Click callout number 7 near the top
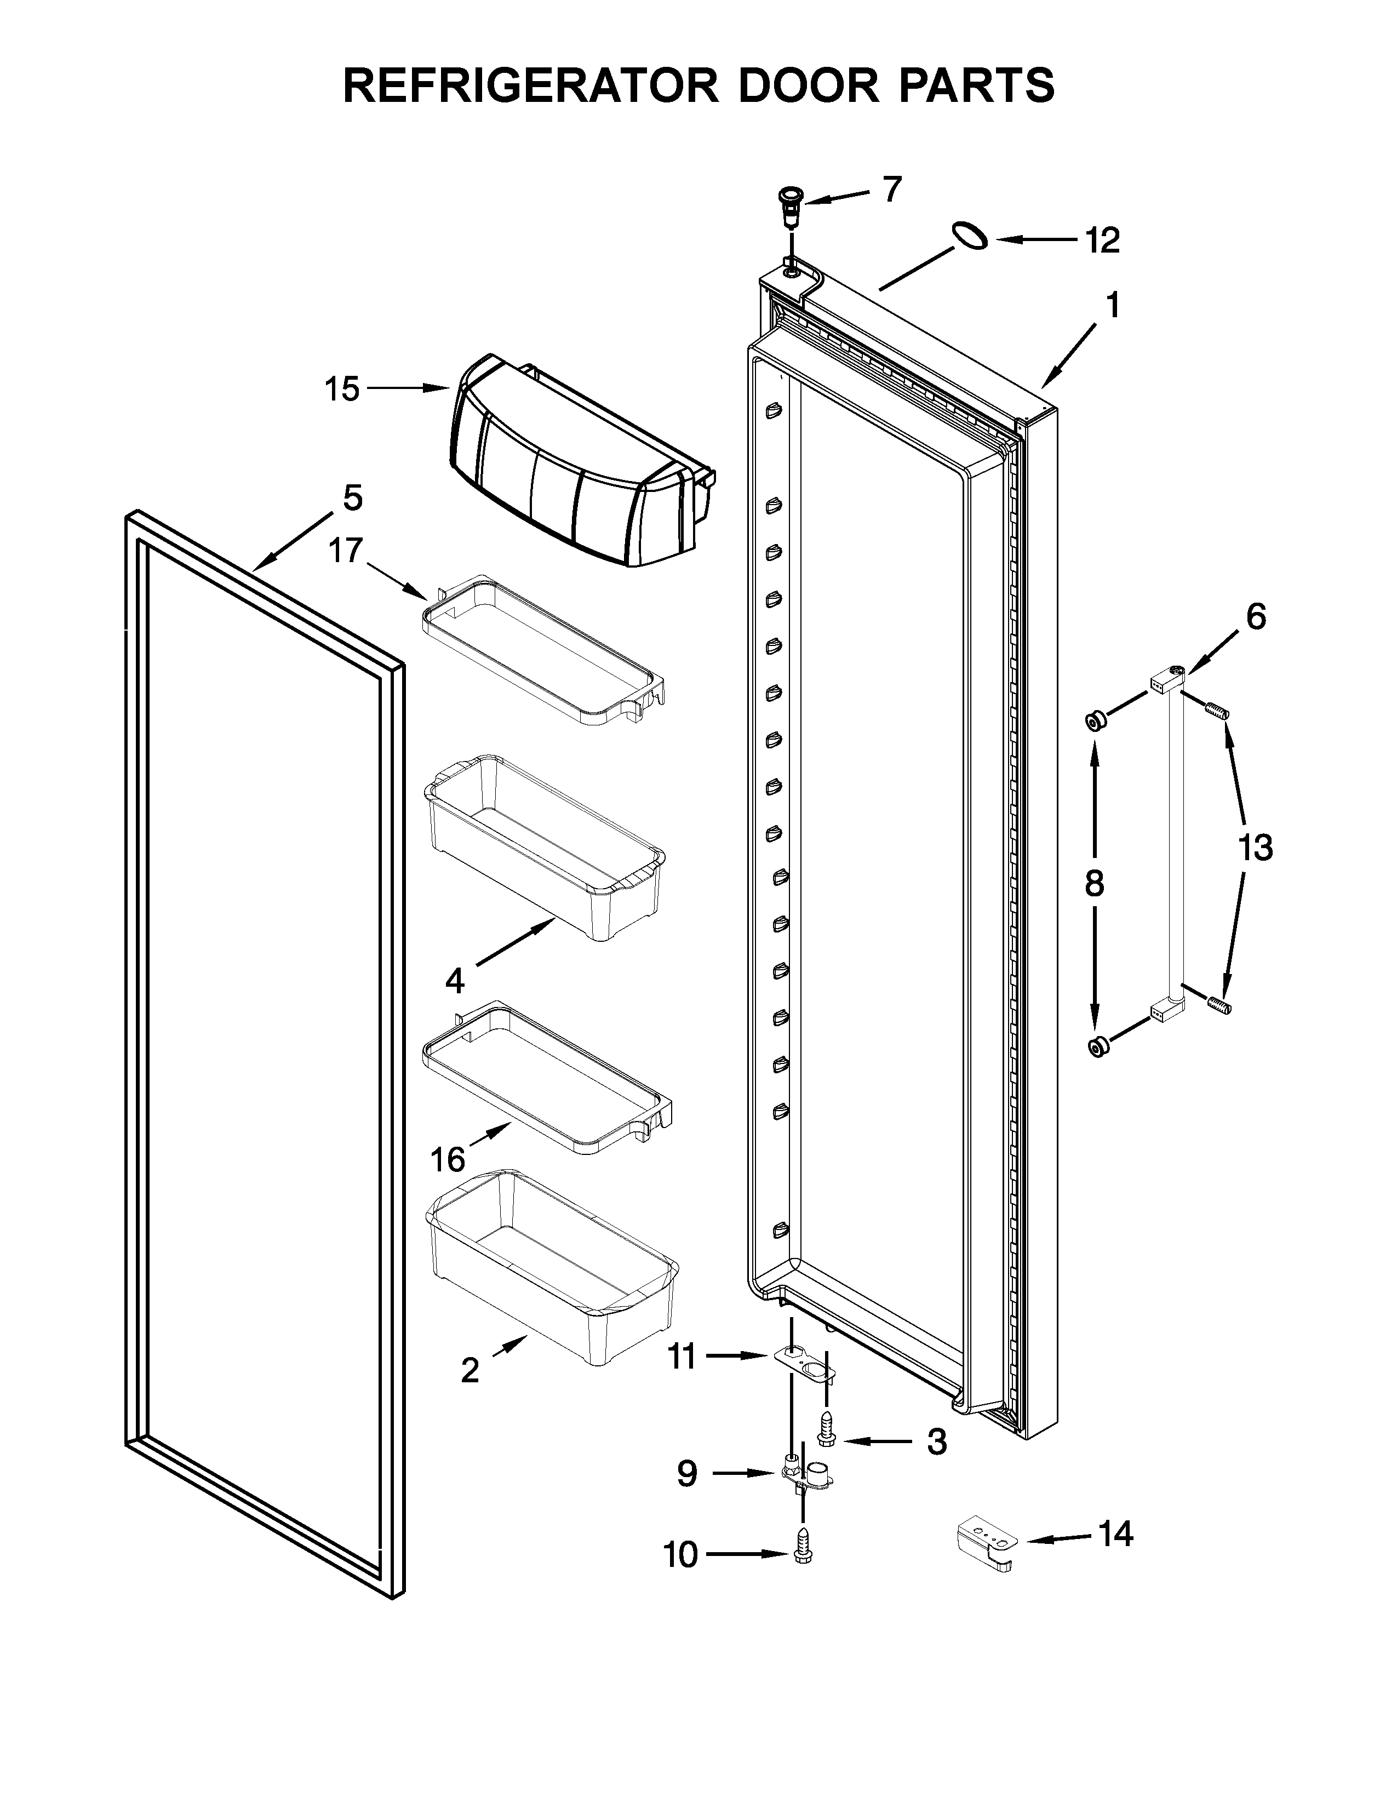point(890,191)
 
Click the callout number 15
point(342,388)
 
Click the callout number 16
point(448,1160)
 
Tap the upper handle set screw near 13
point(1217,710)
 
